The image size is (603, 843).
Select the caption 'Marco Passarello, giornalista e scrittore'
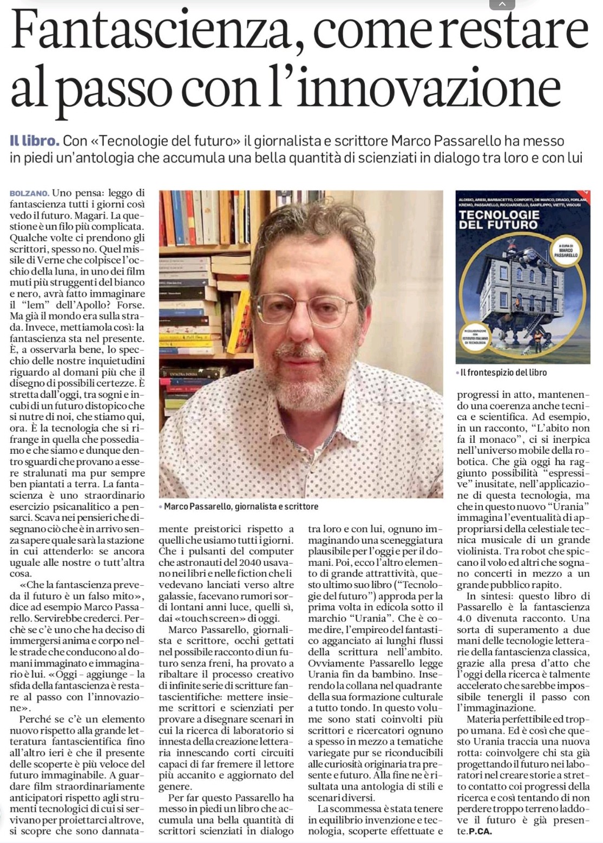coord(241,507)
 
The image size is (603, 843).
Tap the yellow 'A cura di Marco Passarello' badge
coord(567,250)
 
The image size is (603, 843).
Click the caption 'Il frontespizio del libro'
coord(503,373)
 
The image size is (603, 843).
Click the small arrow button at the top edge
coord(502,5)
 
